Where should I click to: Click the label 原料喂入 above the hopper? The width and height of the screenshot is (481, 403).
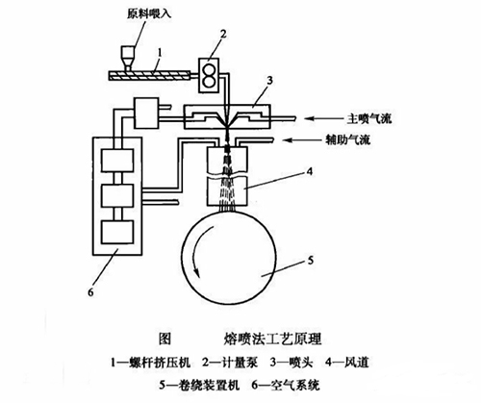[149, 14]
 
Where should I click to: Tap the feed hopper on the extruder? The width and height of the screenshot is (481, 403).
[128, 59]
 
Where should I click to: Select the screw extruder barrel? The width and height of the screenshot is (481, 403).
[150, 76]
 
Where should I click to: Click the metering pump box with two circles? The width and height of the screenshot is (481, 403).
[209, 75]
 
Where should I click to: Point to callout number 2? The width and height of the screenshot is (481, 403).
[223, 34]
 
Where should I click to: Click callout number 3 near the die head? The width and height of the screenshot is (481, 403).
[269, 80]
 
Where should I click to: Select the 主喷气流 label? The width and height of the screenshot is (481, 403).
[369, 119]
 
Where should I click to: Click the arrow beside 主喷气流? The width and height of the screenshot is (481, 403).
[323, 119]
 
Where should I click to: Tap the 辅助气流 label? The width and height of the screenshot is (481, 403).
[347, 139]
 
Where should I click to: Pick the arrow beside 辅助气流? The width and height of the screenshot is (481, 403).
[302, 139]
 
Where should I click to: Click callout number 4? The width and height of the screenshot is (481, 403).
[309, 172]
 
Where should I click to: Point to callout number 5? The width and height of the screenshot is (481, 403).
[310, 261]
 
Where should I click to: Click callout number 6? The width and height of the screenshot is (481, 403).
[90, 291]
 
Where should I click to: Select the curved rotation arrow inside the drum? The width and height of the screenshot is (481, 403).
[200, 251]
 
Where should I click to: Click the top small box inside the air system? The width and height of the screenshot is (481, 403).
[117, 161]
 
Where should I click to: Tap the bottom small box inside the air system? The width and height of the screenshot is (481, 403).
[117, 232]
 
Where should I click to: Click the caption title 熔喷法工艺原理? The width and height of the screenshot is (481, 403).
[272, 339]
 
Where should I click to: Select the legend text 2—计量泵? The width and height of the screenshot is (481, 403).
[230, 363]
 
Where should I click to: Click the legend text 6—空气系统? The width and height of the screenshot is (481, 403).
[286, 385]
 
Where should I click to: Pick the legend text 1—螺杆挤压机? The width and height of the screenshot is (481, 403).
[151, 363]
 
